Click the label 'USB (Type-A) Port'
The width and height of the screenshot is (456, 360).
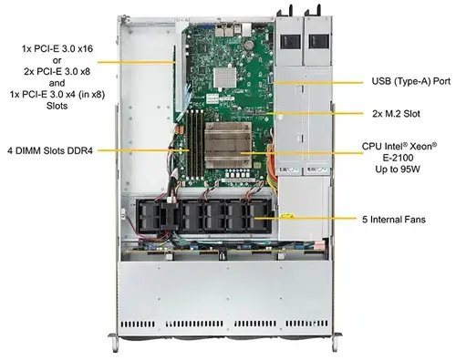click(411, 81)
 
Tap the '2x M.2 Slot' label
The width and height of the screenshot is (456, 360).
click(396, 114)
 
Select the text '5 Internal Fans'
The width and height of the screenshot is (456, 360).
click(394, 220)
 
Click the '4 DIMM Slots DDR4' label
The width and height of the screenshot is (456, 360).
click(50, 150)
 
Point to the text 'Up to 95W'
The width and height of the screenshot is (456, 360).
click(398, 169)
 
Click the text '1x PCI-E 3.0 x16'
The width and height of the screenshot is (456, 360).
click(57, 48)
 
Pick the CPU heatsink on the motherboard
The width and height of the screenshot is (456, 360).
click(228, 145)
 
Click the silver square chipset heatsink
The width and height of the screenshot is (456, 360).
click(225, 78)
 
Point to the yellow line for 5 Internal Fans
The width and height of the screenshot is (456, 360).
click(305, 218)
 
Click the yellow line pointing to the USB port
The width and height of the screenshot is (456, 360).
click(317, 82)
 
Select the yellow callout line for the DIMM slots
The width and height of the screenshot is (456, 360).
click(143, 150)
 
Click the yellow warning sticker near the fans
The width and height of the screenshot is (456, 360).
click(287, 215)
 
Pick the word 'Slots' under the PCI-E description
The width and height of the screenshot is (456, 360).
click(57, 106)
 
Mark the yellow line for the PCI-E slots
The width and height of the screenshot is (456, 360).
click(137, 62)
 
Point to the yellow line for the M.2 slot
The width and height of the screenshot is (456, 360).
click(315, 114)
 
